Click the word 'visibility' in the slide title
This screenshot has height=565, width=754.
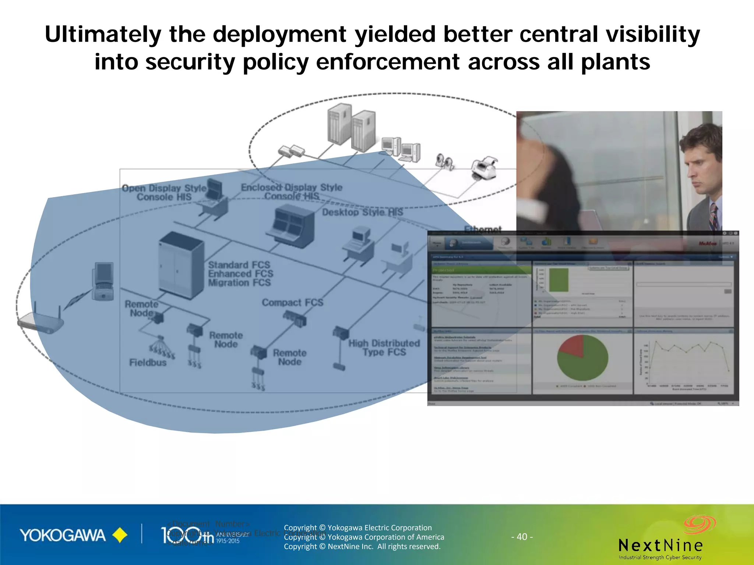(x=653, y=34)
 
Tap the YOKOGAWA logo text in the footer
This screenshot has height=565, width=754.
(x=63, y=535)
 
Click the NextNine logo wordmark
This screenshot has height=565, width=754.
(x=660, y=545)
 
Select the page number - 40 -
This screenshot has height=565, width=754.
(x=522, y=537)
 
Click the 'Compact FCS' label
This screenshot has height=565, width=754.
(x=292, y=302)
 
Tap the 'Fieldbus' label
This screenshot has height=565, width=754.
(x=148, y=363)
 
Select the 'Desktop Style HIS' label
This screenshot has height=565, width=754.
(x=362, y=212)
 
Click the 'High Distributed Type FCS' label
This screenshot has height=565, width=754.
(x=384, y=348)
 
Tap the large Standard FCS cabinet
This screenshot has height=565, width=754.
(x=181, y=265)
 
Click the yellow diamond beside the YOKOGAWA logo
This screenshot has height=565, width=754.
(x=120, y=535)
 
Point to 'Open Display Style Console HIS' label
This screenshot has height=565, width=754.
(x=164, y=192)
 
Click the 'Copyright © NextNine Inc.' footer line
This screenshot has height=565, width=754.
(x=362, y=547)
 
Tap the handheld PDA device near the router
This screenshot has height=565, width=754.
(x=103, y=281)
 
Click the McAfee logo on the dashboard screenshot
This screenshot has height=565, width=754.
(x=707, y=244)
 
